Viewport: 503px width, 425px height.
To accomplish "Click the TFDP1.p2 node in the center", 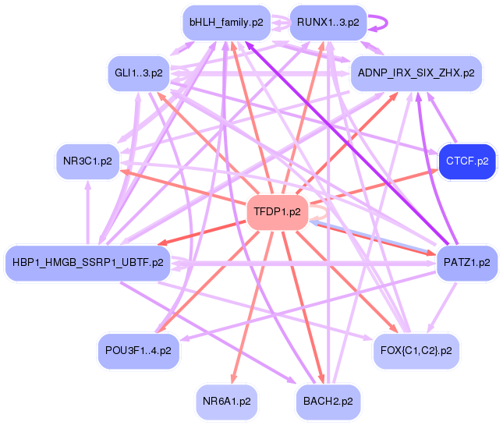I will click(x=277, y=211).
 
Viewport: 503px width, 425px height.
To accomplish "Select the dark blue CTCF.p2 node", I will click(x=467, y=161).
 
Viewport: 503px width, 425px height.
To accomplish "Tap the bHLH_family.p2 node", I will click(x=226, y=23).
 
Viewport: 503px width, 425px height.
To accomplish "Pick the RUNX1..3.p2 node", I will click(x=328, y=23).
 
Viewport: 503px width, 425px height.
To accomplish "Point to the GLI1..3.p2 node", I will click(x=138, y=73).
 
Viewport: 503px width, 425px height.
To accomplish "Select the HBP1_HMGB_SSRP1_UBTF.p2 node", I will click(x=87, y=262).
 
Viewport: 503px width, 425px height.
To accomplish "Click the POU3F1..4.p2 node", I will click(x=138, y=350).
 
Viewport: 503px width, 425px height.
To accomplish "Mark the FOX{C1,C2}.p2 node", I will click(x=415, y=350).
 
